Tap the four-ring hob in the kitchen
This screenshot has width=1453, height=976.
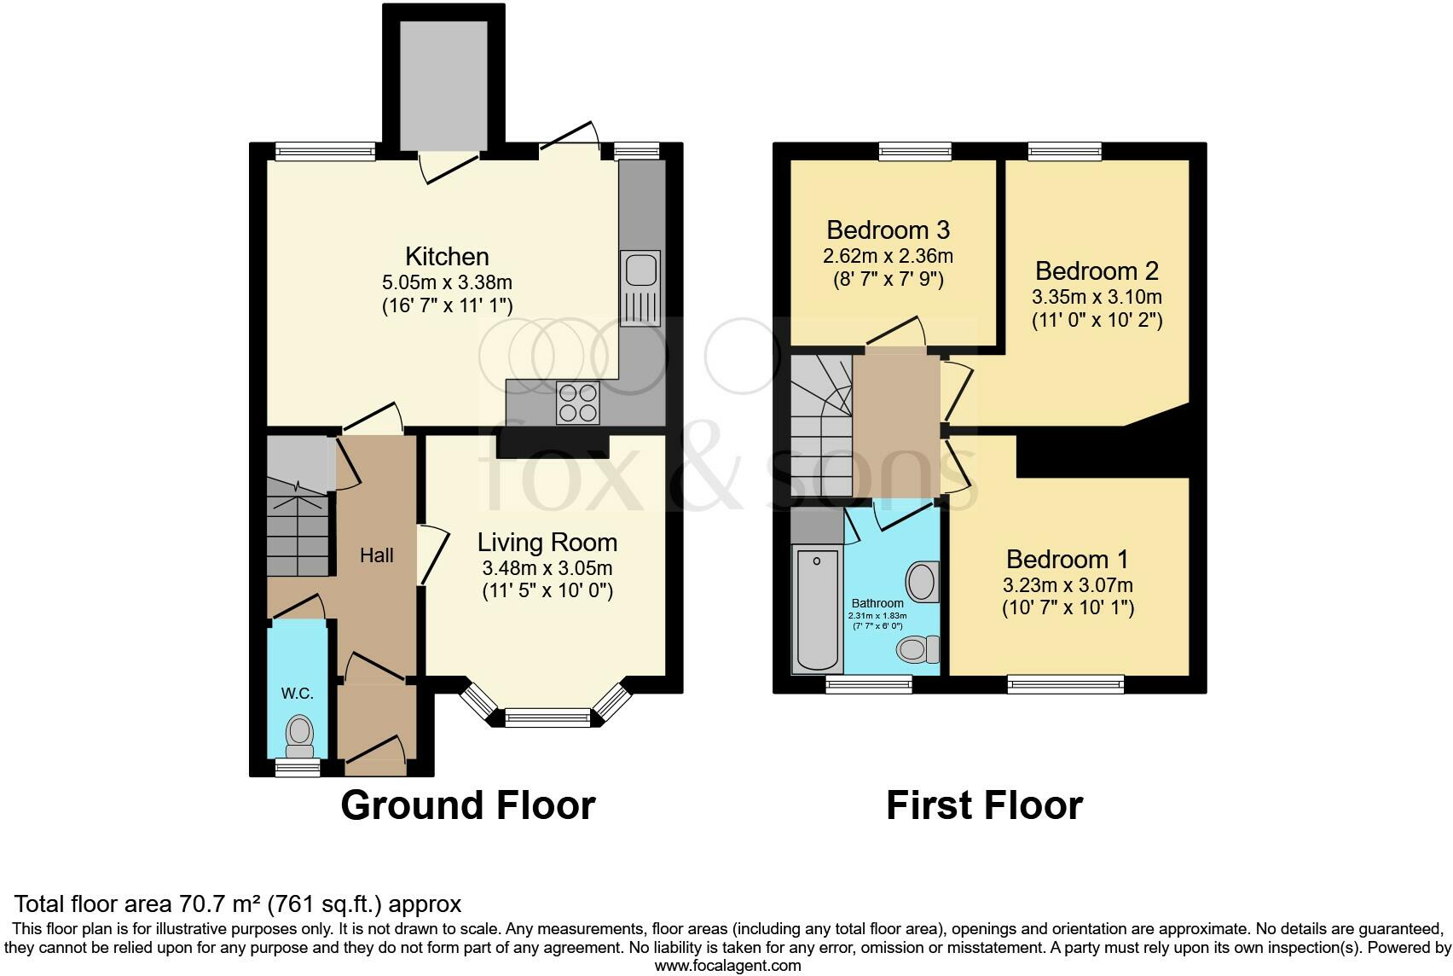point(577,403)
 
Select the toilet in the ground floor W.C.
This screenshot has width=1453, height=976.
point(298,736)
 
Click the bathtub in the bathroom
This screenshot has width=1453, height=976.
point(817,609)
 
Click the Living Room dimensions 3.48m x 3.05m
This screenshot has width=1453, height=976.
point(547,568)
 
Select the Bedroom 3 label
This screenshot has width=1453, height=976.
point(888,230)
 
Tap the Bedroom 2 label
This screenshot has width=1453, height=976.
point(1097,271)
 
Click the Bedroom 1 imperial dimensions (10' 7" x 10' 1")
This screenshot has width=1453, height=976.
point(1068,608)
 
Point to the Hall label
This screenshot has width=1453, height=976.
point(376,555)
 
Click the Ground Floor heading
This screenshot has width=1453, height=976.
point(467,805)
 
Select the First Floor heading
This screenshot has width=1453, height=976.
point(984,805)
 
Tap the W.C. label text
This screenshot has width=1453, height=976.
point(298,694)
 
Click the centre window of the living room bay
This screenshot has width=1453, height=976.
point(547,717)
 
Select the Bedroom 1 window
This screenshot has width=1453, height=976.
point(1065,683)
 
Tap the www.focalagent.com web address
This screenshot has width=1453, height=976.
point(727,966)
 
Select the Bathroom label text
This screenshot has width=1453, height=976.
point(877,603)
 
